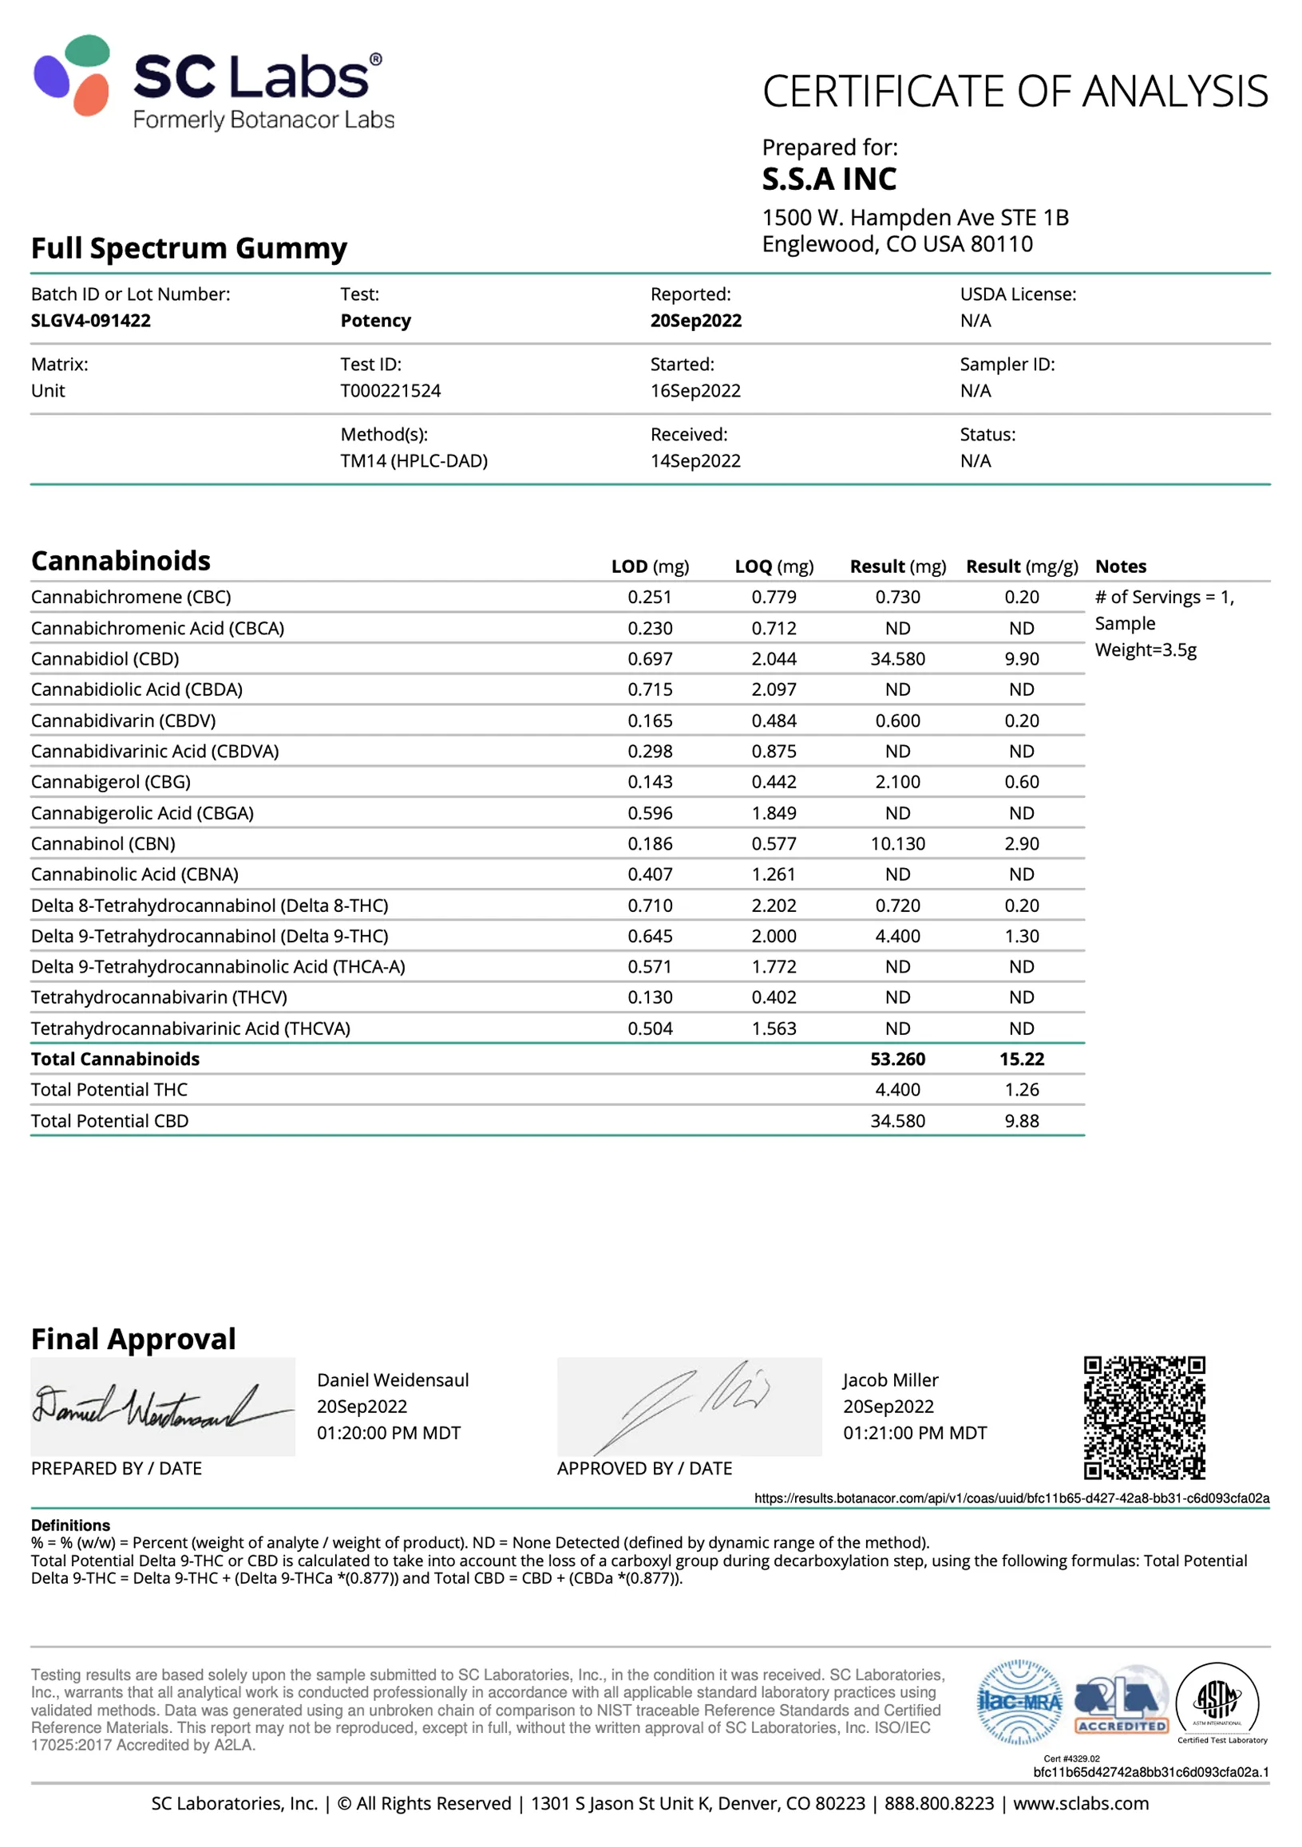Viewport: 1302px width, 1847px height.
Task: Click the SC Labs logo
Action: [x=213, y=83]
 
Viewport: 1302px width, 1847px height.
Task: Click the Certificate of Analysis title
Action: [x=1015, y=92]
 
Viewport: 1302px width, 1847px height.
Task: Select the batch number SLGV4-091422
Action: [x=91, y=320]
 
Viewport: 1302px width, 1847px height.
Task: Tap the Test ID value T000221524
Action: [x=390, y=391]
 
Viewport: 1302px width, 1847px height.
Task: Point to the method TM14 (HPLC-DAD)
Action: [x=414, y=461]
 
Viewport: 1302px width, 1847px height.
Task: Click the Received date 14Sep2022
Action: [x=695, y=461]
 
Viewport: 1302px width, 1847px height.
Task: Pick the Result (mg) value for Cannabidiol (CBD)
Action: [x=897, y=659]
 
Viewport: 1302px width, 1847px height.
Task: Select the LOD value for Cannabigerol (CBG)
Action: [x=649, y=782]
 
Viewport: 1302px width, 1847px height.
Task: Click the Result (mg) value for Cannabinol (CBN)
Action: [x=897, y=844]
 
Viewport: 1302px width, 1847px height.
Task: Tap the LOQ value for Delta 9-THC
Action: [x=774, y=937]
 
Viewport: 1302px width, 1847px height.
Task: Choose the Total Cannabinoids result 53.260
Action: [x=897, y=1060]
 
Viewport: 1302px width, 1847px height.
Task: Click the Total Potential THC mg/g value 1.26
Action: [x=1021, y=1090]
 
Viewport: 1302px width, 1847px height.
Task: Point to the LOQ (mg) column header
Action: [x=774, y=566]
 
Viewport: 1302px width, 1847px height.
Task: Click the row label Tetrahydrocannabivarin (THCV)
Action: [x=159, y=997]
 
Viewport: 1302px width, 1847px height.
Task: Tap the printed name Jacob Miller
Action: [x=890, y=1380]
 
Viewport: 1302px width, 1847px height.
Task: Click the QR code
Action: [x=1143, y=1418]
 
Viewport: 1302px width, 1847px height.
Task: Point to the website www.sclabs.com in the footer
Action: [x=1080, y=1804]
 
